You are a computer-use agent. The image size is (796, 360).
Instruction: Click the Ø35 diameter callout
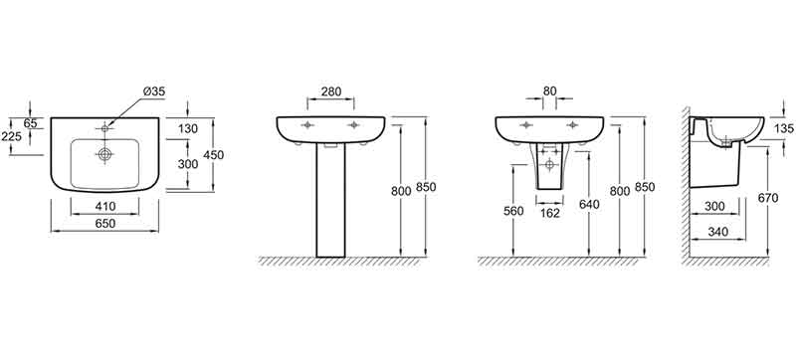154,91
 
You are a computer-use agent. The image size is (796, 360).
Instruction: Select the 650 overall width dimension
105,223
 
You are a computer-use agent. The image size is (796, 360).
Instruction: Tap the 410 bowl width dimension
105,207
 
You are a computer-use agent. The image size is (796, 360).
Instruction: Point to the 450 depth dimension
213,156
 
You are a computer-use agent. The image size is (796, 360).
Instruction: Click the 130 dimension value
187,129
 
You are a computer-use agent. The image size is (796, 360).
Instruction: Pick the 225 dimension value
10,136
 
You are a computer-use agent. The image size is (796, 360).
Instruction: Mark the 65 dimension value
30,122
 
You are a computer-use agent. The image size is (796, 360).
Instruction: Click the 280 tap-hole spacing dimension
331,91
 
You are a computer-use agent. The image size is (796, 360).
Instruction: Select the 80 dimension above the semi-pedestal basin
550,91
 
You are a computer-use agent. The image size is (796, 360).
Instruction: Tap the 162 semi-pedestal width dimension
550,213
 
